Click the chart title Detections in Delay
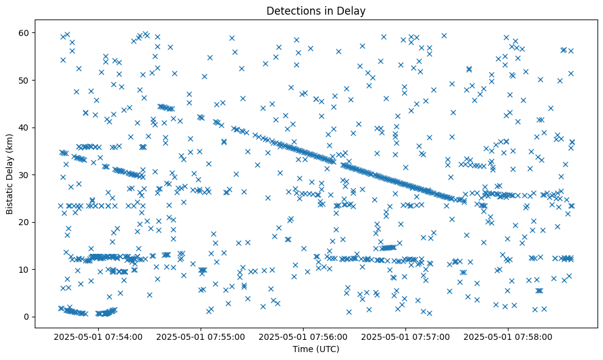click(316, 10)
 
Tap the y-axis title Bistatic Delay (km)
click(10, 174)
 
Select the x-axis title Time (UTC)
click(316, 349)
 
